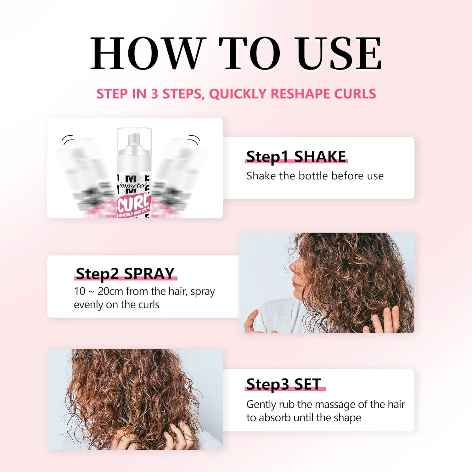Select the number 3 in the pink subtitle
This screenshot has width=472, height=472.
[x=155, y=94]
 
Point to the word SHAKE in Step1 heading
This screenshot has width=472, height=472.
[x=320, y=156]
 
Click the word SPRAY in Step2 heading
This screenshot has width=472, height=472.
[x=149, y=273]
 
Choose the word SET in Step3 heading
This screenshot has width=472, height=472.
[x=307, y=384]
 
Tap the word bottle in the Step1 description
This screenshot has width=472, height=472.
[x=313, y=176]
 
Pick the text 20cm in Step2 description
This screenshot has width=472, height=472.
[x=110, y=291]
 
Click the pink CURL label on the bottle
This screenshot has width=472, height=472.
[x=133, y=204]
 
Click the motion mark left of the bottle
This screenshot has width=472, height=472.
[x=68, y=139]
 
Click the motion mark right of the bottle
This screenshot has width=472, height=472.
[x=194, y=139]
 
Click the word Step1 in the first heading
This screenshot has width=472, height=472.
[x=267, y=157]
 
